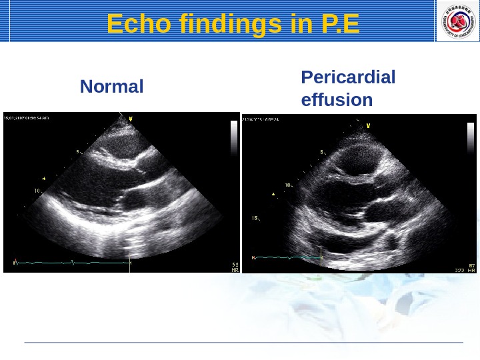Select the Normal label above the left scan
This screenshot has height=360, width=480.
click(111, 87)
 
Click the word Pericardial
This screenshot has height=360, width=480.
click(348, 77)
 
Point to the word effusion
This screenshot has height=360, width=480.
click(337, 101)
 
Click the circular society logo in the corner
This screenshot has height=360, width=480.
click(457, 21)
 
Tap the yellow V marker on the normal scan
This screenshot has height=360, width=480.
click(130, 119)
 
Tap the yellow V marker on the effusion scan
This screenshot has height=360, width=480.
click(369, 124)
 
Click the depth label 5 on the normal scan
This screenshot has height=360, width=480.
click(77, 152)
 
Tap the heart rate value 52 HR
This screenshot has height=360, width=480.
click(235, 267)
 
